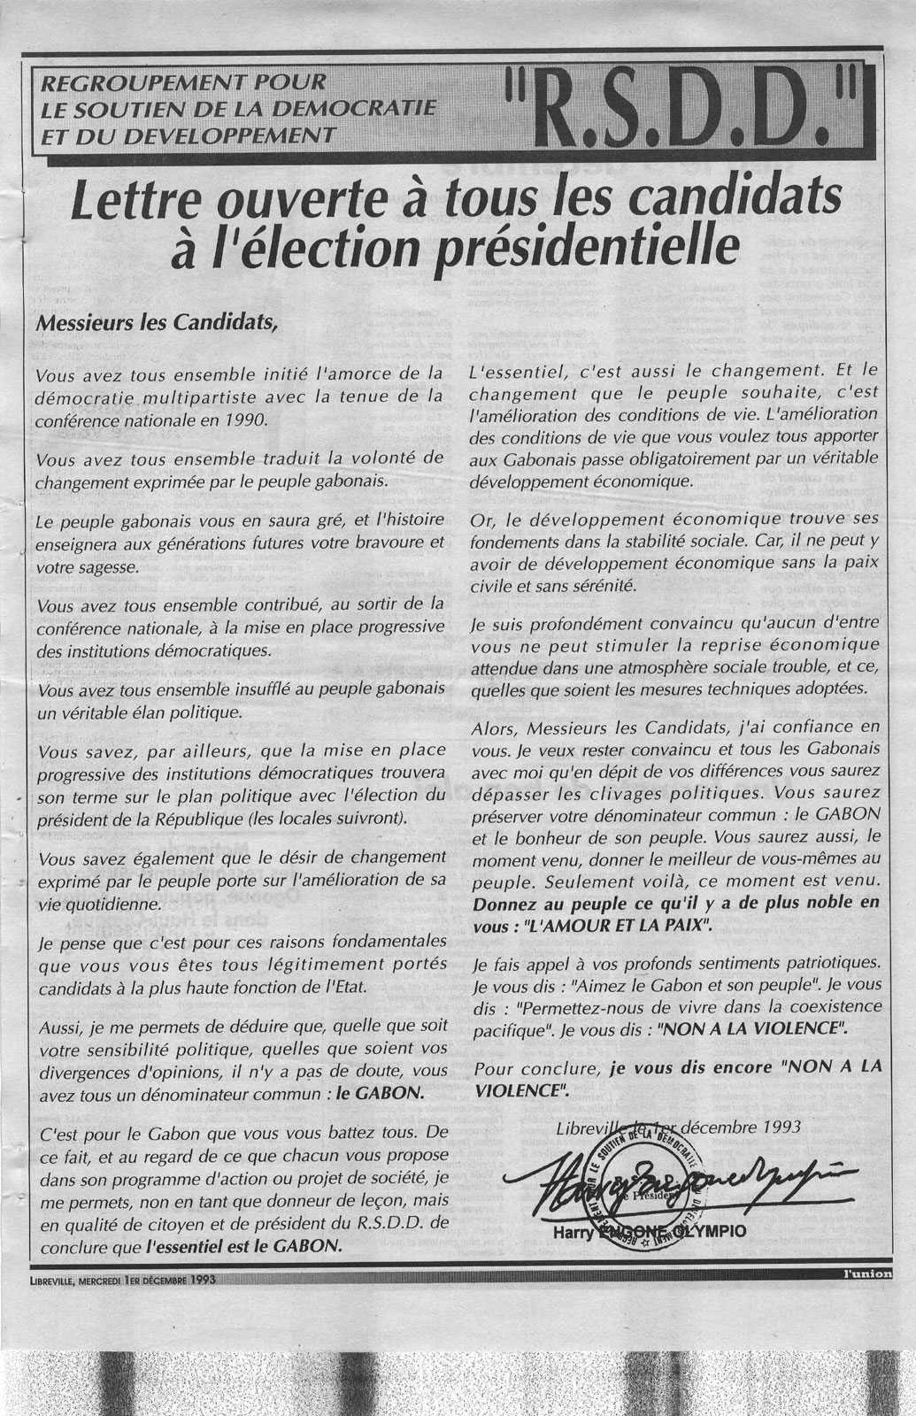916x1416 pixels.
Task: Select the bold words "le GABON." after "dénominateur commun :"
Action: click(x=389, y=1092)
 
